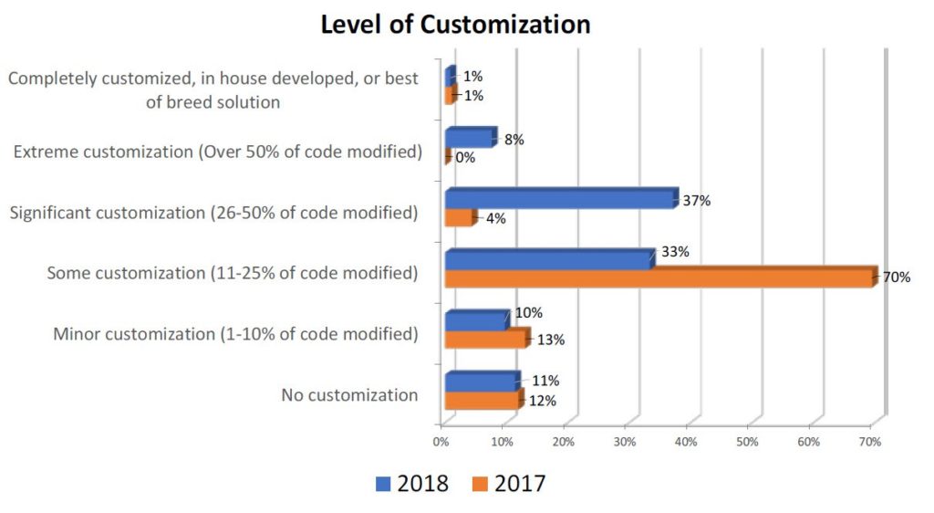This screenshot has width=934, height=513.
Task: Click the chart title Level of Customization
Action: click(x=455, y=24)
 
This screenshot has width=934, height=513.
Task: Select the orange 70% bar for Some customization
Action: click(x=659, y=277)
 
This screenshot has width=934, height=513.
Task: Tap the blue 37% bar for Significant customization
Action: click(x=559, y=198)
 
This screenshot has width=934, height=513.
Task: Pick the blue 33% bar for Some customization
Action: click(x=548, y=258)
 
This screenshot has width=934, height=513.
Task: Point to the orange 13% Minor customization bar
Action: click(x=485, y=339)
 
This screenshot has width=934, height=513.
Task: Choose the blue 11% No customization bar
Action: click(x=481, y=381)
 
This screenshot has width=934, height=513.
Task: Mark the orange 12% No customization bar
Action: click(x=483, y=400)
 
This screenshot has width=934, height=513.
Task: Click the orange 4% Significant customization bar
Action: click(x=459, y=218)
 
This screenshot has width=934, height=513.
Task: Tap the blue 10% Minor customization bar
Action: click(x=475, y=319)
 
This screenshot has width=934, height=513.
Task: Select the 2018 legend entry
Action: click(x=412, y=483)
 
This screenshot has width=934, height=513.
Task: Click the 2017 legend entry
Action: click(x=509, y=483)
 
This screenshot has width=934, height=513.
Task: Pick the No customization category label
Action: click(x=350, y=395)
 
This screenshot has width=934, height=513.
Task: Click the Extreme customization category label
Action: click(x=217, y=151)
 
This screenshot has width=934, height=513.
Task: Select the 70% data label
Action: click(x=896, y=277)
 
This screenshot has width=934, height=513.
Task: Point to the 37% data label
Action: click(x=697, y=200)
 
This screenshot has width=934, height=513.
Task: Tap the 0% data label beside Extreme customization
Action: click(x=464, y=157)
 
